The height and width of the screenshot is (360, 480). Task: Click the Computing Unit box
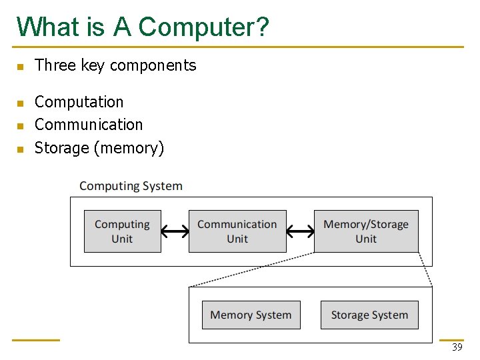(122, 231)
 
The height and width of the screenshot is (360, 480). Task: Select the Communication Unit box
(237, 231)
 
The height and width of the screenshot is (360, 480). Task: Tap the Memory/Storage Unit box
(366, 231)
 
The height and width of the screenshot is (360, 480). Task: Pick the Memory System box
(251, 315)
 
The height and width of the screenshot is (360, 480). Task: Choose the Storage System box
(369, 315)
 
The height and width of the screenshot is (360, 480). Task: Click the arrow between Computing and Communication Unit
(175, 231)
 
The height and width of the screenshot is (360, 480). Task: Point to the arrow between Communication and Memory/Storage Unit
(300, 231)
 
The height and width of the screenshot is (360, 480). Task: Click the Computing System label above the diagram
(131, 186)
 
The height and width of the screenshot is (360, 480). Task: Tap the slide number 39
(457, 347)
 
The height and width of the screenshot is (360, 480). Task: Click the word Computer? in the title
(204, 27)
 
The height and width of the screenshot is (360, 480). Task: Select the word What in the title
(44, 27)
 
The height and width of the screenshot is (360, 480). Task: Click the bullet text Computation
(79, 102)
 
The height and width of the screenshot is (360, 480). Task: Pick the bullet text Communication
(88, 125)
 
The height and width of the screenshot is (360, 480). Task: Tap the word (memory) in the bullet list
(129, 148)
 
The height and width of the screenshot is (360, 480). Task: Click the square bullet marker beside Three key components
(20, 67)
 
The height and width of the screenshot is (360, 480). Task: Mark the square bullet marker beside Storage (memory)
(20, 149)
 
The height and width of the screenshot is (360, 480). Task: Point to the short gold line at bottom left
(36, 340)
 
